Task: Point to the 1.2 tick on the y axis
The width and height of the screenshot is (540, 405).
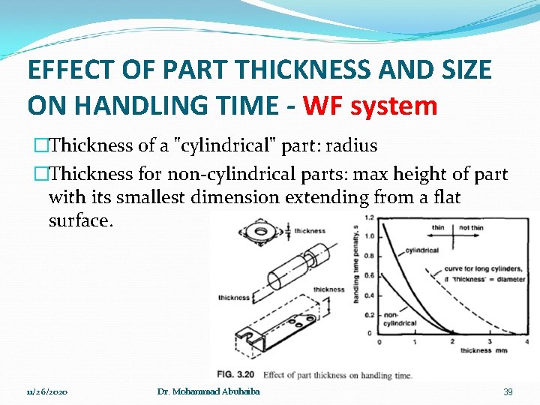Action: click(367, 217)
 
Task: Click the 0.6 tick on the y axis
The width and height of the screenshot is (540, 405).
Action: click(367, 275)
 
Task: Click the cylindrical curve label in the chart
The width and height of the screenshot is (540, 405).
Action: click(422, 250)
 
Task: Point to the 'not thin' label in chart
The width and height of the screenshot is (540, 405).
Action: click(471, 228)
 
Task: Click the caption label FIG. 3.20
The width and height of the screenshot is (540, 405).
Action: click(235, 374)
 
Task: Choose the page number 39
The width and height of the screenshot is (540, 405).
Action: click(508, 392)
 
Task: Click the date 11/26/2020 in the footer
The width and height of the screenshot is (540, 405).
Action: click(47, 392)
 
